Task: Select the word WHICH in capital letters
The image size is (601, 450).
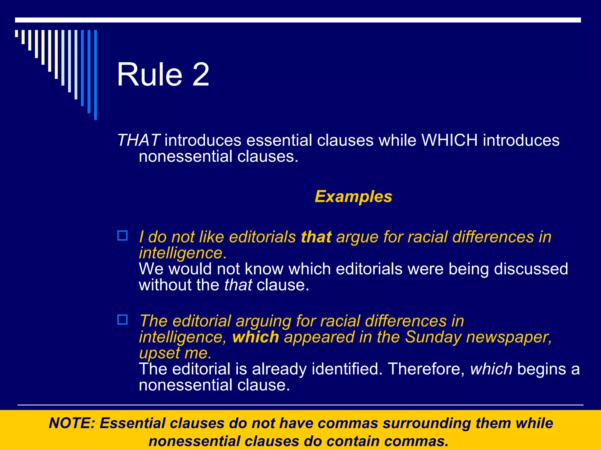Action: coord(450,140)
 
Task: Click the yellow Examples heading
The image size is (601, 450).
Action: coord(353,196)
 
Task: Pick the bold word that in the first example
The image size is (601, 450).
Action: coord(316,237)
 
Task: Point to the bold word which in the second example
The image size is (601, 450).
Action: coord(256,337)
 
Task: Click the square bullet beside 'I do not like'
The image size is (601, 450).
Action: coord(122,236)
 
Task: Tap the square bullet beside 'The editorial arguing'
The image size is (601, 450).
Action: coord(122,320)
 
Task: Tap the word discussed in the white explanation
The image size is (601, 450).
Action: coord(531,269)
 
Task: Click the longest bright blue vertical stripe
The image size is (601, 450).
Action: coord(95,75)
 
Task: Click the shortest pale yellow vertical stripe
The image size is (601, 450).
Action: coord(16,33)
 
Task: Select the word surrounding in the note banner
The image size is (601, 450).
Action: coord(427,423)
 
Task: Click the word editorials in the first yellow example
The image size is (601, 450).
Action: coord(262,237)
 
